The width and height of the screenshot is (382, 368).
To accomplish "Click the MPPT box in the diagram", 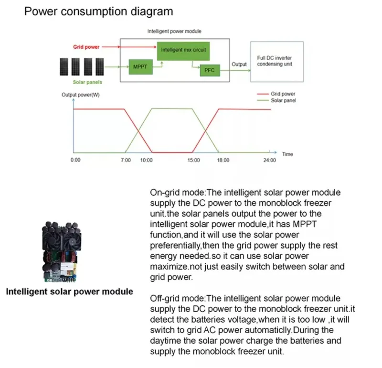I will (x=140, y=67).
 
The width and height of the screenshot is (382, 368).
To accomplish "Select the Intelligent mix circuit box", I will (x=183, y=50).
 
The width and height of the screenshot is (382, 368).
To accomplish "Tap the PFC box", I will (x=209, y=70).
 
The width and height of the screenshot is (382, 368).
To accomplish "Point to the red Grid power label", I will (x=86, y=47).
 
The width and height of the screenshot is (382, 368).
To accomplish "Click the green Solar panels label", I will (x=87, y=82).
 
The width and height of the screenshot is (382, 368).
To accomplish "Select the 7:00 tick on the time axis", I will (x=126, y=160).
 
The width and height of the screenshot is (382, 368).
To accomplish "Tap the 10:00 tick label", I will (x=146, y=160).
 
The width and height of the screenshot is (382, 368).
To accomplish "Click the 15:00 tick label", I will (x=193, y=160).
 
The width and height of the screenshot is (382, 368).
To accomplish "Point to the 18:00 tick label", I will (x=223, y=160).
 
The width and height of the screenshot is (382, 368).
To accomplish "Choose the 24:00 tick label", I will (x=269, y=160).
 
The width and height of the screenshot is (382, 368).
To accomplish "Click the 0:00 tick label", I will (x=75, y=160).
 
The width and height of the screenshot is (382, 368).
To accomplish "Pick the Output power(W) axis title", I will (x=81, y=95).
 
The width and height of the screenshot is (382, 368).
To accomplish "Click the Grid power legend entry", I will (x=283, y=94).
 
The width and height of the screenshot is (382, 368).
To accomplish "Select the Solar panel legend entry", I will (x=283, y=100).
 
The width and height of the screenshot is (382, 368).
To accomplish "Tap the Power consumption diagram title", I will (x=99, y=11).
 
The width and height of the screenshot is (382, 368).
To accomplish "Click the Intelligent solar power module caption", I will (x=69, y=291).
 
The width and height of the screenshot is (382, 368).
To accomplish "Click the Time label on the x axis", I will (x=287, y=154).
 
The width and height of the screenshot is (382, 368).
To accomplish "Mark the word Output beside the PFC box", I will (x=239, y=64).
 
